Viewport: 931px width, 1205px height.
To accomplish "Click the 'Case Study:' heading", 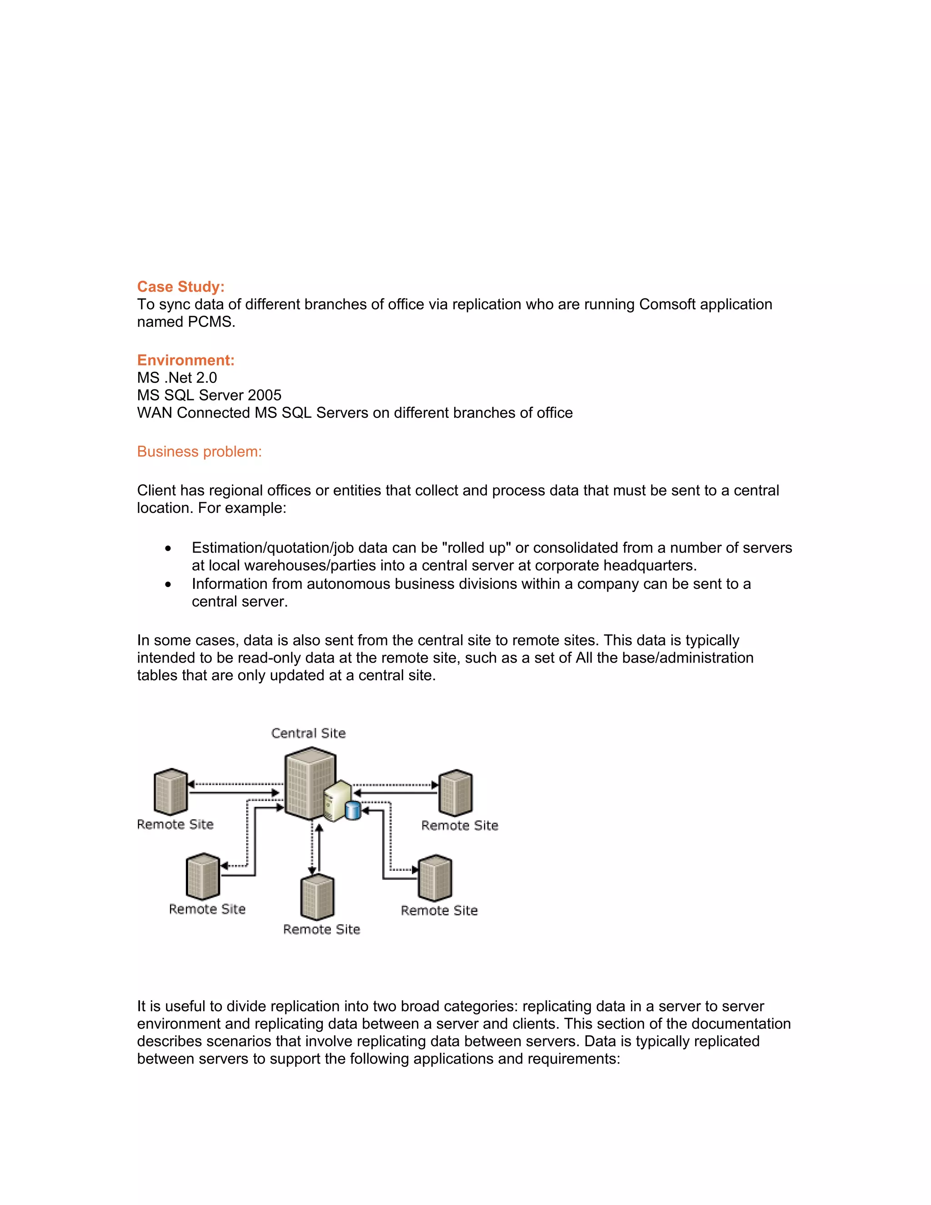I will coord(180,286).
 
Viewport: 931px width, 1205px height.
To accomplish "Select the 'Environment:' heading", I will coord(185,360).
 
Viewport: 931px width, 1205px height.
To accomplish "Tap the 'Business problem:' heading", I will coord(199,452).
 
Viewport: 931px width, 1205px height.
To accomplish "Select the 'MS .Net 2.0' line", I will coord(176,377).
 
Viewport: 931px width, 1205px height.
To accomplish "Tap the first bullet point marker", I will coord(168,548).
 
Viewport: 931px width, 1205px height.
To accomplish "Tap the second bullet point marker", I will coord(168,584).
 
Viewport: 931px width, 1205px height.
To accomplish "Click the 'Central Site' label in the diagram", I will coord(308,733).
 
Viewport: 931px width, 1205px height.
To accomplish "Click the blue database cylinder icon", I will coord(352,810).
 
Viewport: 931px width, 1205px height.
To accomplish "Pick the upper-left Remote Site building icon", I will coord(171,792).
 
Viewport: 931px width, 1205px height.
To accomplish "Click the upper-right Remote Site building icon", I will coord(455,793).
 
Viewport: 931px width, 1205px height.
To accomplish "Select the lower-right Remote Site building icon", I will coord(435,878).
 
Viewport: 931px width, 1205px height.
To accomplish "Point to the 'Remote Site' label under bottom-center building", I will coord(321,929).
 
